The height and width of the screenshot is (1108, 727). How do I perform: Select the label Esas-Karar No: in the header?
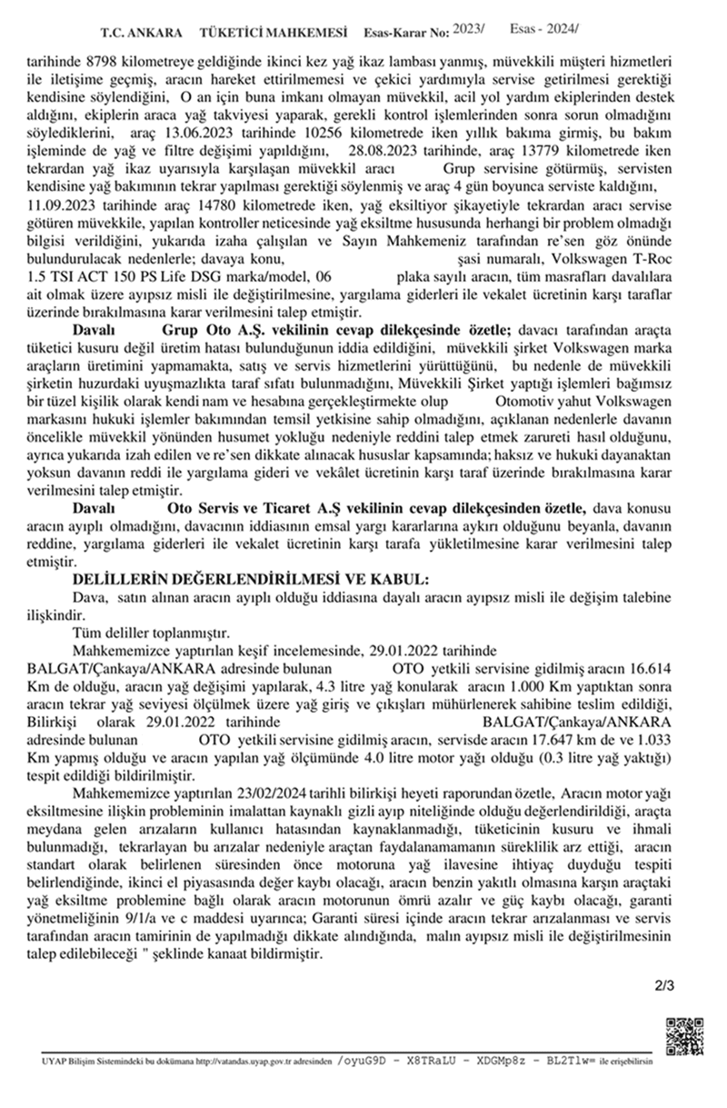405,33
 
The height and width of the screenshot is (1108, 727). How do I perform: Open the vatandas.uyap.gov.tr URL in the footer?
261,1061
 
